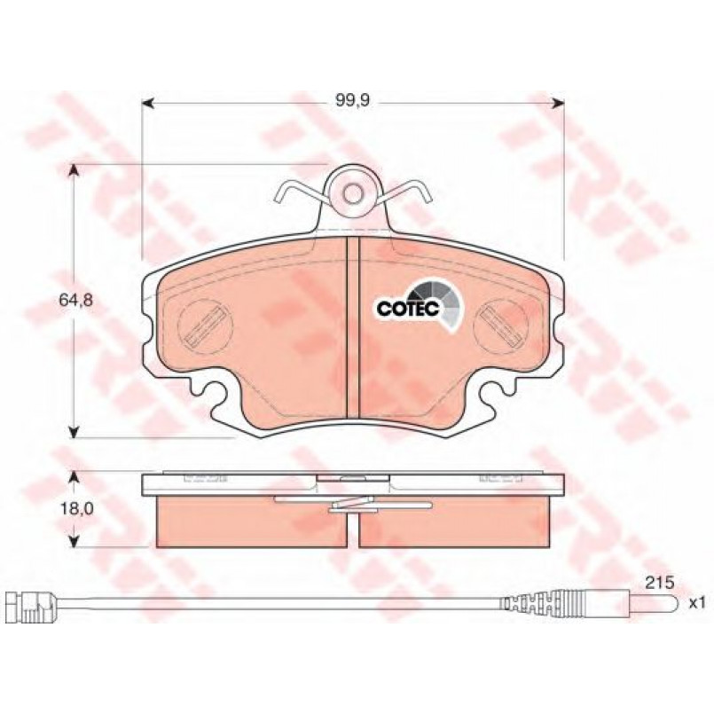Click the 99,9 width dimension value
click(x=352, y=101)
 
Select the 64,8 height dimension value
click(x=76, y=300)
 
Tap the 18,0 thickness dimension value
click(x=76, y=508)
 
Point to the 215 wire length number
click(x=659, y=583)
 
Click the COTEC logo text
click(x=407, y=309)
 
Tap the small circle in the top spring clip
click(x=353, y=194)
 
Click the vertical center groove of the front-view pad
click(x=353, y=327)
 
